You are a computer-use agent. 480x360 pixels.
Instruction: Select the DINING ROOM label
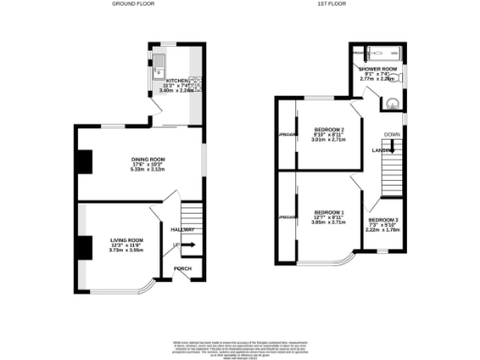pyautogui.click(x=148, y=159)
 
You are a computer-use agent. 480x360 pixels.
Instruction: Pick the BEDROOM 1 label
pyautogui.click(x=329, y=212)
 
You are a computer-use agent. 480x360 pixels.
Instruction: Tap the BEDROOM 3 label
pyautogui.click(x=382, y=220)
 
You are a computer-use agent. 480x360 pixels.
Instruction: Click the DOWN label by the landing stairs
pyautogui.click(x=392, y=134)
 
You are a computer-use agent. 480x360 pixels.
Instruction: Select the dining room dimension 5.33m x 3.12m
pyautogui.click(x=148, y=171)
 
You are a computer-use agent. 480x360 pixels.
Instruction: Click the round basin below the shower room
pyautogui.click(x=392, y=104)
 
